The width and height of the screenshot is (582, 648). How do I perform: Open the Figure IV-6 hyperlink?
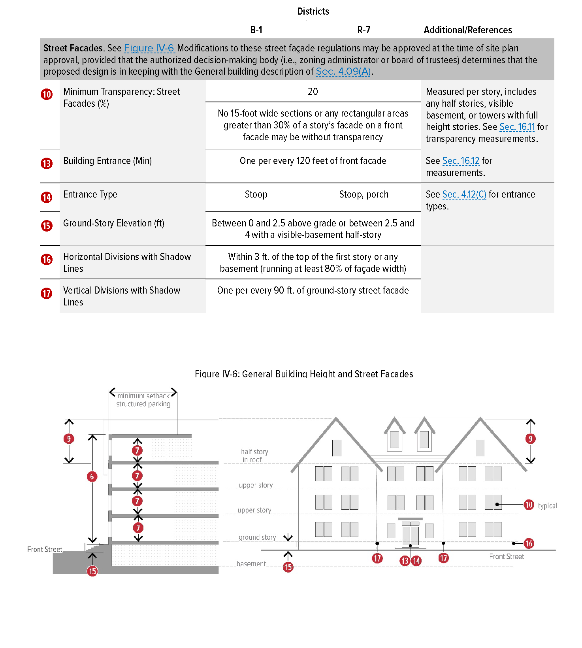tap(149, 48)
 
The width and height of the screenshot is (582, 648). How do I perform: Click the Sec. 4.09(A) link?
tap(343, 72)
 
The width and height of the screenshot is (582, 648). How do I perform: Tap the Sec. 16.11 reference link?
tap(517, 127)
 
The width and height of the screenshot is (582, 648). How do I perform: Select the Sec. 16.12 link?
tap(461, 161)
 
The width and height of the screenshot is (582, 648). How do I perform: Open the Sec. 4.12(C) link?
tap(464, 194)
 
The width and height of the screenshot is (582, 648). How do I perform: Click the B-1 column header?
tap(256, 30)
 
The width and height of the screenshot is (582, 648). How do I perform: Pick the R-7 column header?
tap(364, 30)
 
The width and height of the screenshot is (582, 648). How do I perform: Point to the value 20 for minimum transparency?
tap(313, 92)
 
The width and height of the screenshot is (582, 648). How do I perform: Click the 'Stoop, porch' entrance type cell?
tap(364, 194)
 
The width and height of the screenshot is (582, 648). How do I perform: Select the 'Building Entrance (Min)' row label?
tap(107, 161)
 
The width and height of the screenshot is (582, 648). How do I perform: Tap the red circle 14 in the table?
tap(47, 197)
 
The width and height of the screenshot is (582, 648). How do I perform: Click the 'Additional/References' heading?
tap(468, 30)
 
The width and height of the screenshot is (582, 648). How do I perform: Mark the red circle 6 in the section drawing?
tap(92, 477)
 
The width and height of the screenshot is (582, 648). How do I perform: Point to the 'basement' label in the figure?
tap(251, 564)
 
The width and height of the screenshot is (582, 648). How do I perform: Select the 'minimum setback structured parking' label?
tap(143, 400)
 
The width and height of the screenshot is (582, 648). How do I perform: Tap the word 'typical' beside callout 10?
tap(547, 506)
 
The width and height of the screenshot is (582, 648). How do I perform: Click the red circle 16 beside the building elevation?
tap(529, 543)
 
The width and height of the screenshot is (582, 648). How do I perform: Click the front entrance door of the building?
tap(410, 535)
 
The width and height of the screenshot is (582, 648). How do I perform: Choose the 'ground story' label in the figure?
tap(257, 537)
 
